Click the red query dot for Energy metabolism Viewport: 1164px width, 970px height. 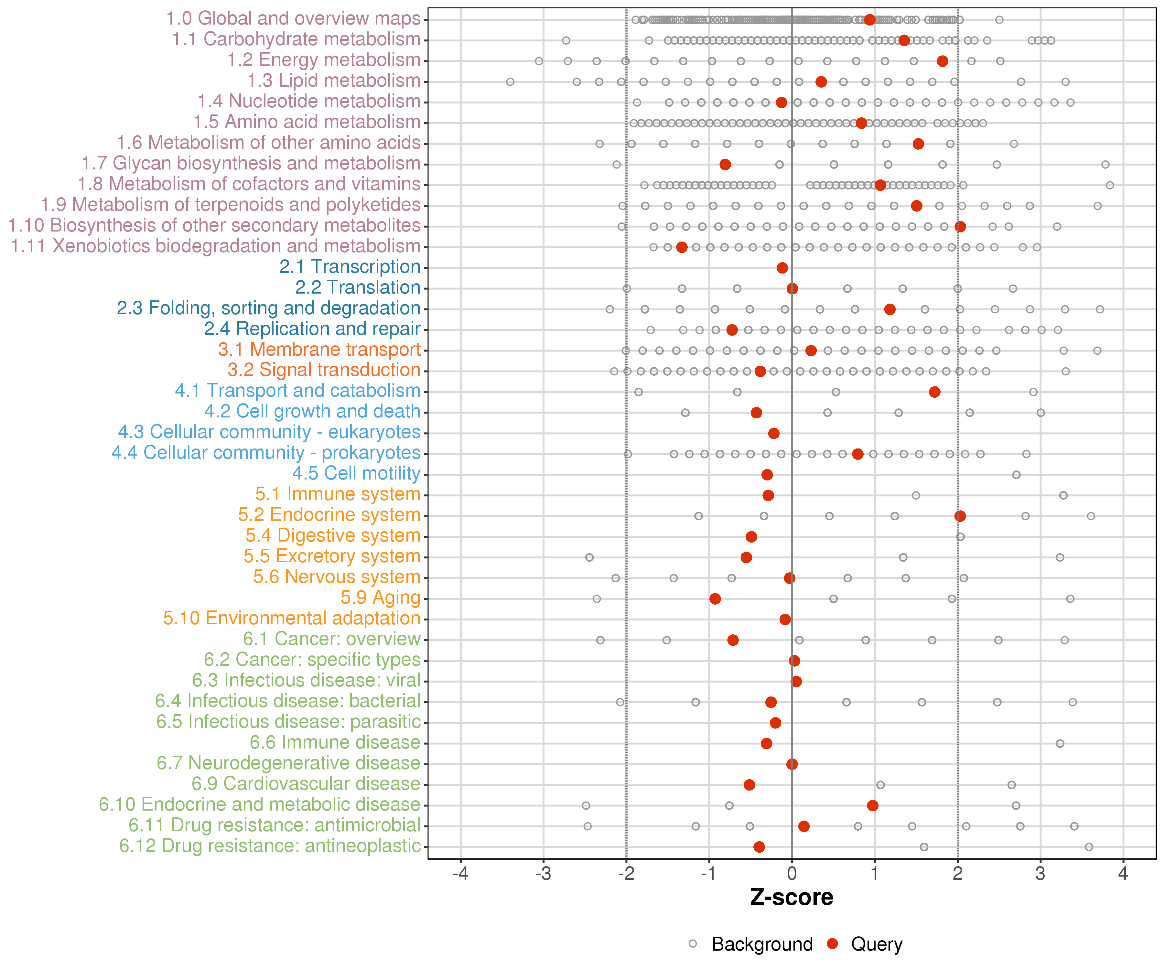942,61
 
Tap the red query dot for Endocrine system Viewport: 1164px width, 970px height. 960,516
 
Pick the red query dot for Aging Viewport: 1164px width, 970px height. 715,598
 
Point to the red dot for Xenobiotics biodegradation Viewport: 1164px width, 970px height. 682,247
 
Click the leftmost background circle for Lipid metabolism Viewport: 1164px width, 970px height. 510,82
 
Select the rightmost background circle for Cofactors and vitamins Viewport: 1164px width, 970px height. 1110,185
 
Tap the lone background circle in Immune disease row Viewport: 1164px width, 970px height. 1060,743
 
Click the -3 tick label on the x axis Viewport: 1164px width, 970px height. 543,874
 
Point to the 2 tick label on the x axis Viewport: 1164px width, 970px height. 958,874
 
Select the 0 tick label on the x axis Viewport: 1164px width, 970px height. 792,874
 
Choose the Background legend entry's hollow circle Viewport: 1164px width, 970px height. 693,944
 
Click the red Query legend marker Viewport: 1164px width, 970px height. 832,943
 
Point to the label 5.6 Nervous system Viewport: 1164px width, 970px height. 337,577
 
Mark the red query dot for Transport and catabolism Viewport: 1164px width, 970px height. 934,392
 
